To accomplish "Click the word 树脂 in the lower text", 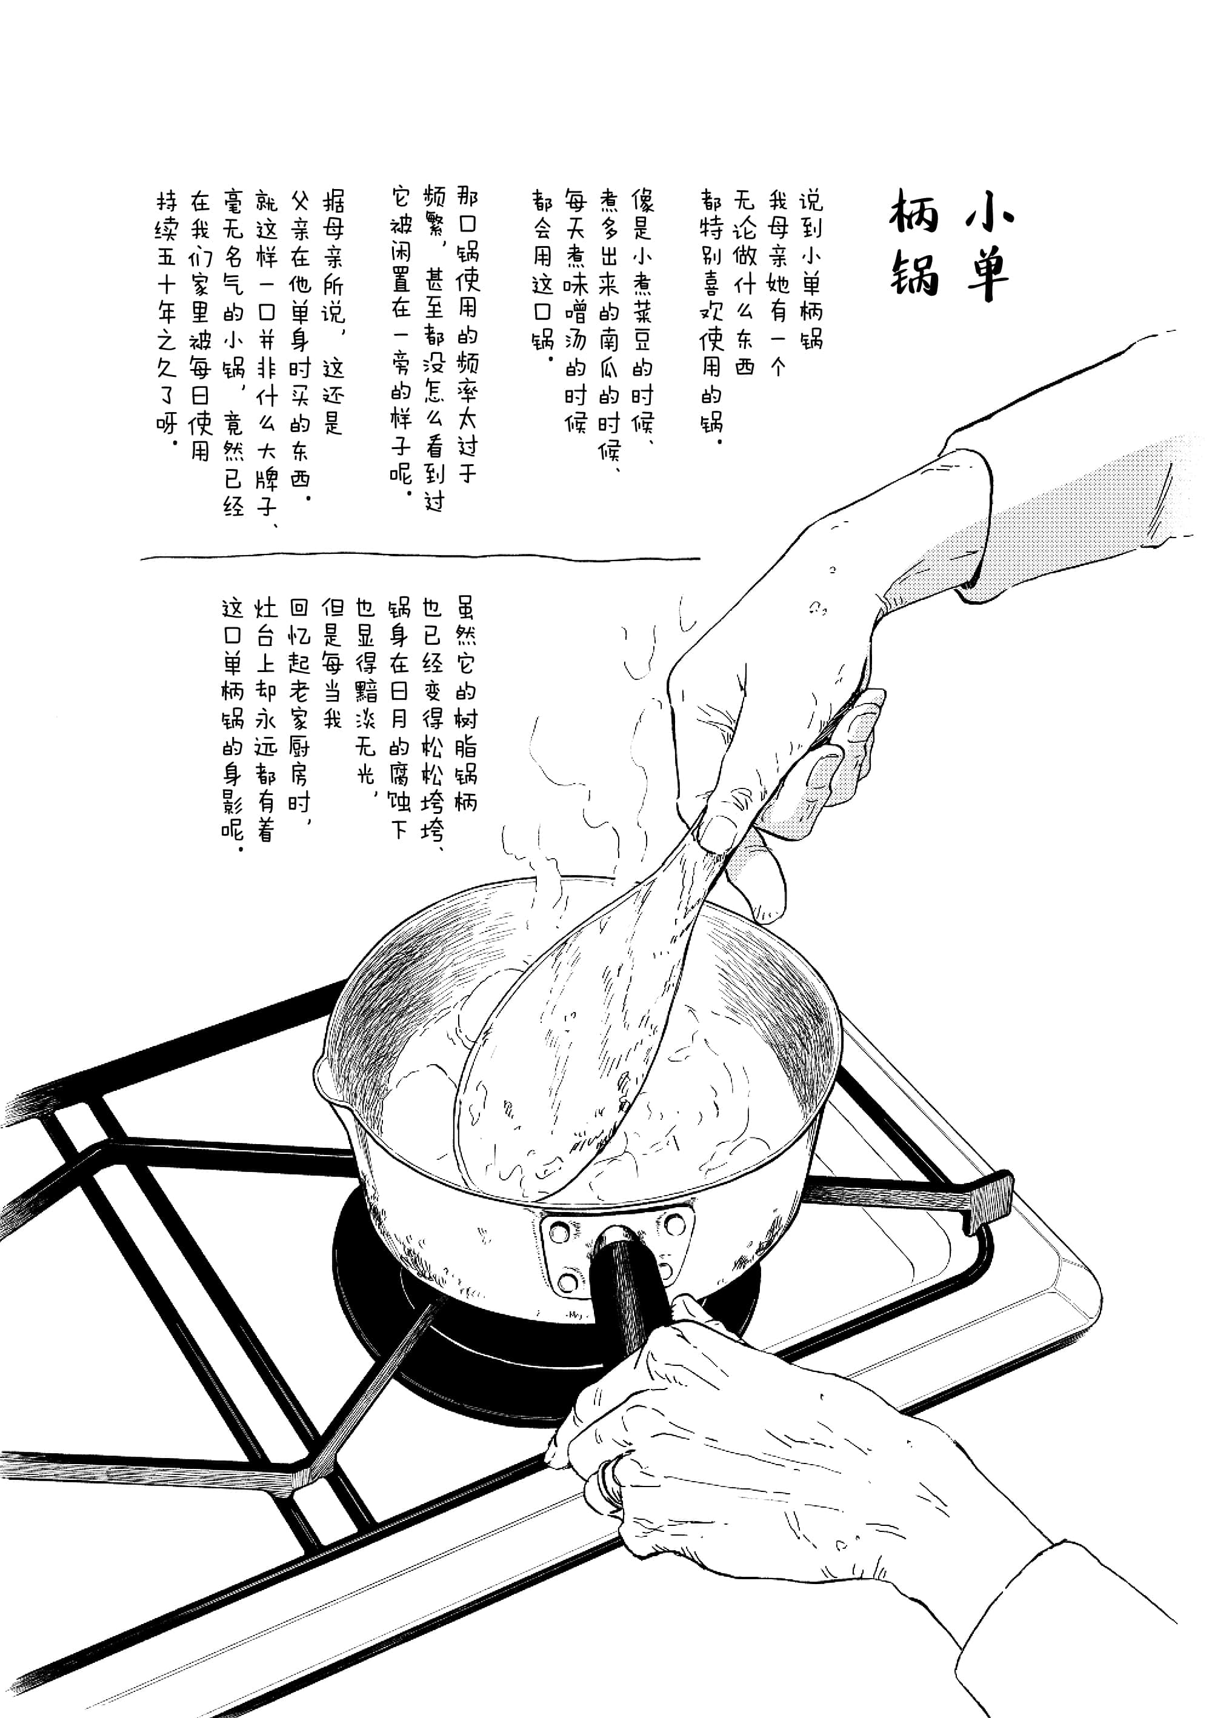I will pyautogui.click(x=465, y=733).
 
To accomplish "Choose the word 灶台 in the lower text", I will pyautogui.click(x=265, y=621).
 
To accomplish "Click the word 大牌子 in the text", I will pyautogui.click(x=267, y=479).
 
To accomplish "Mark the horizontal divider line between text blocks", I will pyautogui.click(x=419, y=558).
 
